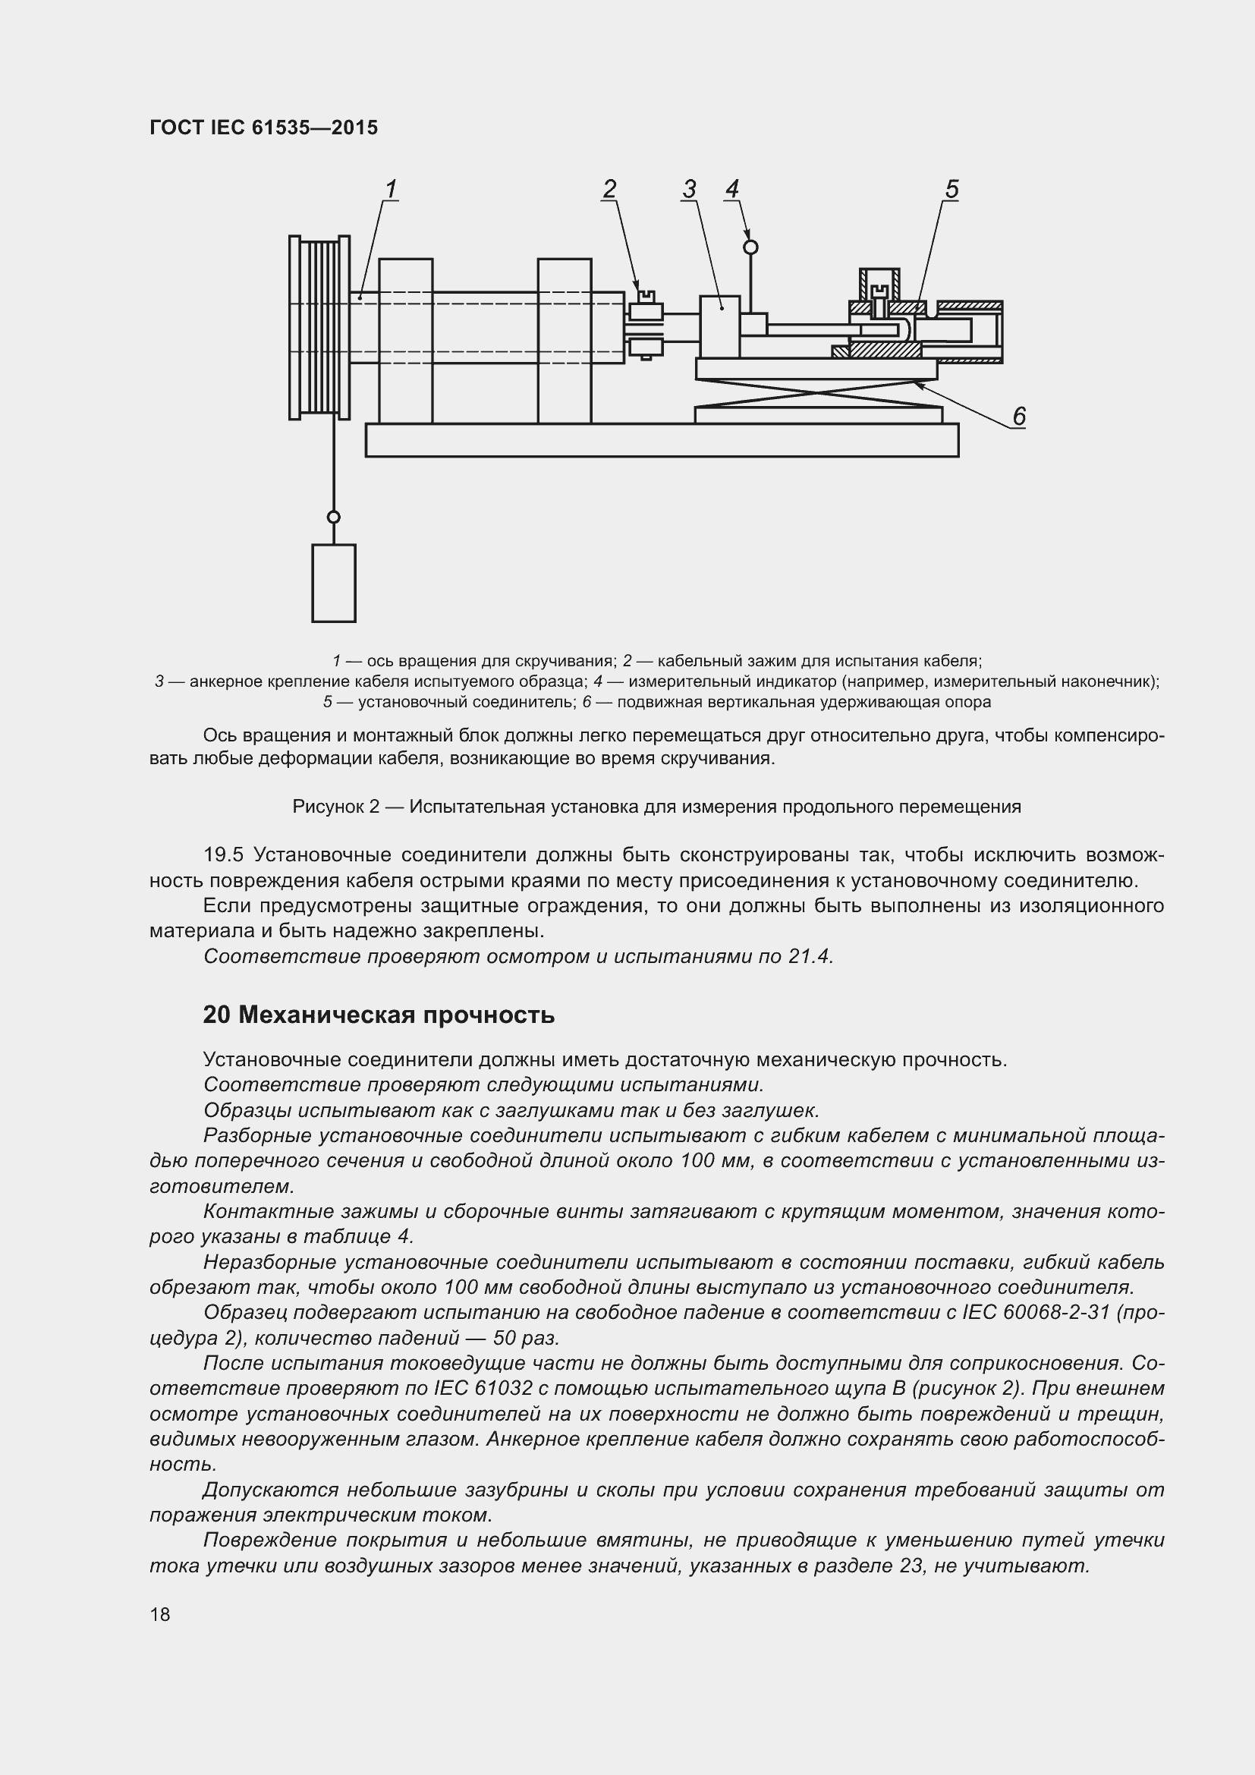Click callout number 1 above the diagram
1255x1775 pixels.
coord(391,189)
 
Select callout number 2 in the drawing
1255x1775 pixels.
coord(610,189)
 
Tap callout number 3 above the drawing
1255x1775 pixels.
coord(689,189)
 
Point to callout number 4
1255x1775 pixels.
coord(731,189)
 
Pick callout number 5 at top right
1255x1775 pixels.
coord(951,189)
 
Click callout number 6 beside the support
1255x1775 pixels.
coord(1018,417)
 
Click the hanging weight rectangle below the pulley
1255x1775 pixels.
coord(334,583)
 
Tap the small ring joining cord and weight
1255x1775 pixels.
coord(334,518)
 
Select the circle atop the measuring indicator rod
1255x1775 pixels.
coord(750,247)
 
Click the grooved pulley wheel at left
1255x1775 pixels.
coord(319,327)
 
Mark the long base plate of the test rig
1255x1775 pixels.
coord(662,440)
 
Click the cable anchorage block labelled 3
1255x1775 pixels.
coord(720,326)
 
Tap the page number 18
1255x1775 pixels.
coord(160,1614)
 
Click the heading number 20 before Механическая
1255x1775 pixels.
coord(216,1015)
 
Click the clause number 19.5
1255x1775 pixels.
coord(223,855)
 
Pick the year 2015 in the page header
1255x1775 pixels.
coord(354,127)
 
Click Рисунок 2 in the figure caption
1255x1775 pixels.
coord(336,807)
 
